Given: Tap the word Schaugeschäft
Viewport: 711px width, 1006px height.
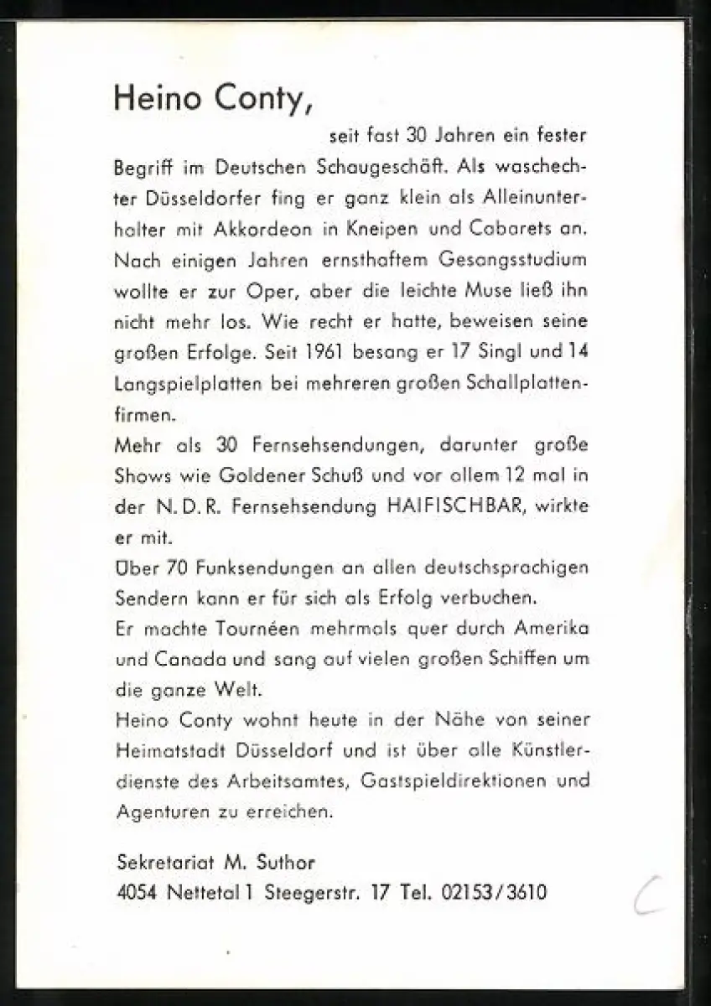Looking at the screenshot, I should (x=381, y=166).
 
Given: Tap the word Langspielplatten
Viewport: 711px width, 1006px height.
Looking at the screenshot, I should (x=186, y=383).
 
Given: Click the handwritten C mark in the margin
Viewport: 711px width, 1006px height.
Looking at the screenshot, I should (x=648, y=894).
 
